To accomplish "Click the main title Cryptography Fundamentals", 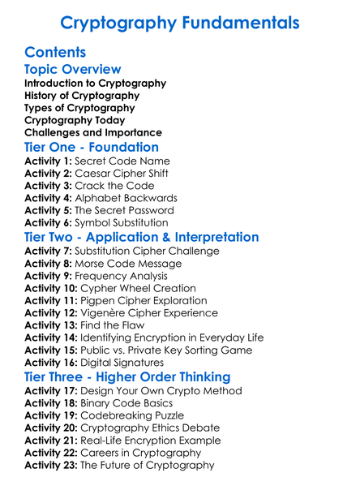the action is (x=179, y=23).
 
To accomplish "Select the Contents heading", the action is (x=55, y=53).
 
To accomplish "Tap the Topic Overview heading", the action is (x=73, y=70).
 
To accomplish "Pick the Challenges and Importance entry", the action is (x=93, y=133).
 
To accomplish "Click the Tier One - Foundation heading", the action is (x=92, y=148).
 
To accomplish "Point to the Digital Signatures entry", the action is (x=125, y=363).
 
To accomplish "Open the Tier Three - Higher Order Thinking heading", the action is (x=127, y=377).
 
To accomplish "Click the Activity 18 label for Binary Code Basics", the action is (x=52, y=403).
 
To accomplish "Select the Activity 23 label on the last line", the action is (x=52, y=466).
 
